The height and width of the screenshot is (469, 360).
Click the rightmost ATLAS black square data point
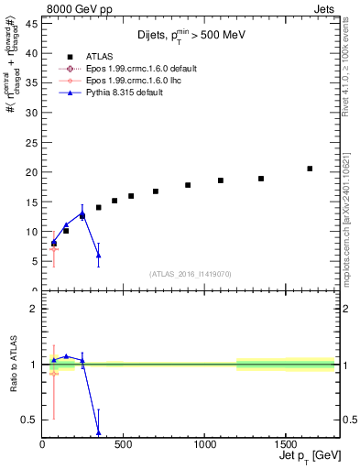310,169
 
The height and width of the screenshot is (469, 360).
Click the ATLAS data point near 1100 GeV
221,180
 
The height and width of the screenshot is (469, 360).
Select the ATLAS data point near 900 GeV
188,185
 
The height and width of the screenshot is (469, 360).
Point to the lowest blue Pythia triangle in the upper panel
99,256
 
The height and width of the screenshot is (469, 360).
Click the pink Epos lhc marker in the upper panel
54,249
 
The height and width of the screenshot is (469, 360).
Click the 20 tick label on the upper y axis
34,172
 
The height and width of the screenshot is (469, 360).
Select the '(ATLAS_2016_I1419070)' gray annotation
191,273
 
